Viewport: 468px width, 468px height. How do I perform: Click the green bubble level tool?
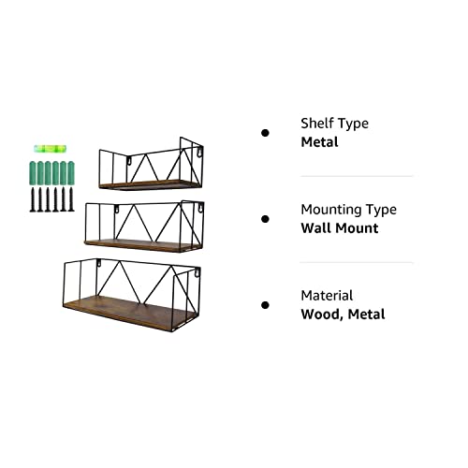point(51,149)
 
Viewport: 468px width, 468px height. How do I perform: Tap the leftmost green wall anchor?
point(33,173)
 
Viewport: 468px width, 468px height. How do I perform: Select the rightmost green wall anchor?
point(71,173)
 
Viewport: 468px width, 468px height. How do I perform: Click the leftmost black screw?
point(33,199)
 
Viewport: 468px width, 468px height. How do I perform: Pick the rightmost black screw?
point(71,199)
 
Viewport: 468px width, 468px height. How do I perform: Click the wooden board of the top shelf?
point(150,184)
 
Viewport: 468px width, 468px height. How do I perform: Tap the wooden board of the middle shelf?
point(143,245)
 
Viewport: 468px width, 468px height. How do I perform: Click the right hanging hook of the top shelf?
point(198,152)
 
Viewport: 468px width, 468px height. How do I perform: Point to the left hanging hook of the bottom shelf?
point(99,264)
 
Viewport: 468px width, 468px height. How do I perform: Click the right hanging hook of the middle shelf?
point(201,208)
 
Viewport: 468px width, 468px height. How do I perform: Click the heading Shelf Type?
point(334,124)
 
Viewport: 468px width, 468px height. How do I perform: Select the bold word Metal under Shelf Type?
point(319,142)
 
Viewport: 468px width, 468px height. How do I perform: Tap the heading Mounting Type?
point(349,210)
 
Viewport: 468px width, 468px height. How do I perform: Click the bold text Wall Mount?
point(340,228)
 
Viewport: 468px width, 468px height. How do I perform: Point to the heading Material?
point(327,296)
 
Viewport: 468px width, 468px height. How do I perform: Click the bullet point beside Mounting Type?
point(265,219)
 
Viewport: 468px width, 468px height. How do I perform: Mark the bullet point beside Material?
point(265,305)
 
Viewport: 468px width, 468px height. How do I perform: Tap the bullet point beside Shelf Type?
point(265,133)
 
